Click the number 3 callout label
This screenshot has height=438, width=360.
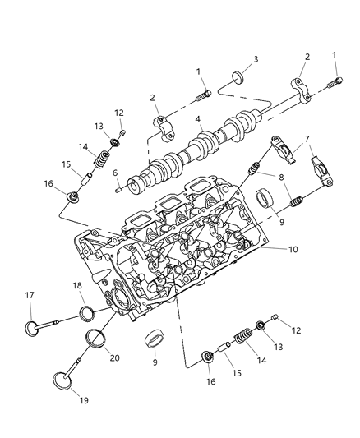point(256,59)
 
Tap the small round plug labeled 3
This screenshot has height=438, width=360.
point(237,78)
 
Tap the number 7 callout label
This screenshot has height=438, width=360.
point(307,139)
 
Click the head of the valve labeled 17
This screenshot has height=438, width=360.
point(34,327)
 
